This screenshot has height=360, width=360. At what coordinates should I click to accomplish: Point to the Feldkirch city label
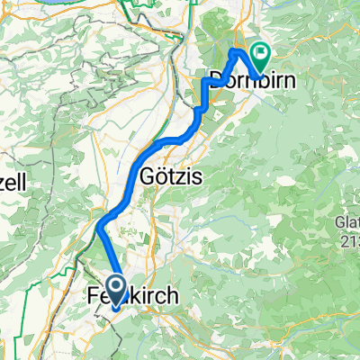point(134,297)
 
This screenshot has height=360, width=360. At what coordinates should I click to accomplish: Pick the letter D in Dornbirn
point(216,78)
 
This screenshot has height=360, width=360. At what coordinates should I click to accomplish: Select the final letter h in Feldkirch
point(174,297)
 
